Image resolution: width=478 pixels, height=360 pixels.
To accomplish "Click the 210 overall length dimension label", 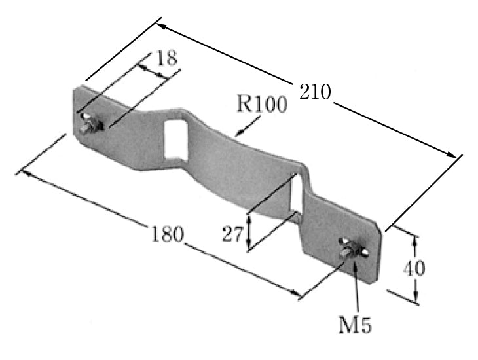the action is (x=315, y=92).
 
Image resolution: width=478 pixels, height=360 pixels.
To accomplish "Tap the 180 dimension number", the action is (x=168, y=234).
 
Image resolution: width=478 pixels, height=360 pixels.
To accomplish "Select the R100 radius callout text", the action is (x=262, y=104).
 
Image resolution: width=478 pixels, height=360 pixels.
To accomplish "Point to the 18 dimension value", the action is (x=166, y=58).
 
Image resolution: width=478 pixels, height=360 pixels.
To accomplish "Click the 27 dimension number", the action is (x=232, y=234).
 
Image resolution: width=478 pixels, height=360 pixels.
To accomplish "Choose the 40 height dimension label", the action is (x=414, y=268).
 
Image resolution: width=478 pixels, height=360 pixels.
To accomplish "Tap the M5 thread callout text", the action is (x=355, y=325).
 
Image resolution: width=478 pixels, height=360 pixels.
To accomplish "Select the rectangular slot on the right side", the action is (x=297, y=194).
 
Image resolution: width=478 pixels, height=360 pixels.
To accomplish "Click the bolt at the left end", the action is (x=90, y=123).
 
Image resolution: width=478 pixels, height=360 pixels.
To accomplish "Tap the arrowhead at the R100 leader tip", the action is (x=239, y=134).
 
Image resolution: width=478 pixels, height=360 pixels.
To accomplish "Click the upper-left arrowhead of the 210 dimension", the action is (x=161, y=27).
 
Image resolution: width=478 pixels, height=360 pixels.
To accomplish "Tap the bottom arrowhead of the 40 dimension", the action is (x=416, y=297).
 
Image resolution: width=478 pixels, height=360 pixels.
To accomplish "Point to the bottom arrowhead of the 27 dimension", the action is (x=249, y=245).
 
